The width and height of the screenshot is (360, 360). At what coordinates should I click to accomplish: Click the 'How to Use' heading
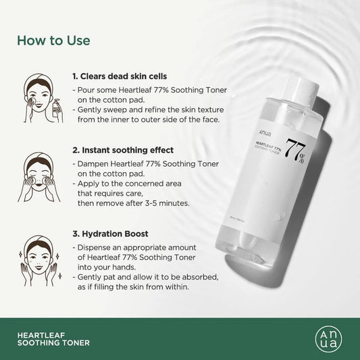point(53,40)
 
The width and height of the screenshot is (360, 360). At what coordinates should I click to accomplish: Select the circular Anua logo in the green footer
point(327,338)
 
